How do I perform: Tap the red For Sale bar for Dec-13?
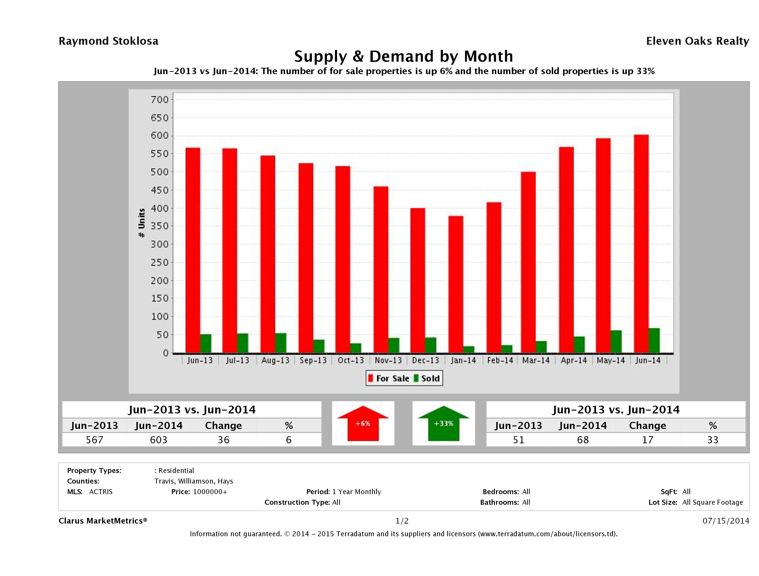[x=417, y=280]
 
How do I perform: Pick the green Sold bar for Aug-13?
[x=281, y=343]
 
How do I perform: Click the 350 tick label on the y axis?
[x=160, y=226]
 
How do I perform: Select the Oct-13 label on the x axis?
[x=351, y=360]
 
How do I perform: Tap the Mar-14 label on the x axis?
[x=536, y=360]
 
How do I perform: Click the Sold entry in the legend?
[x=427, y=378]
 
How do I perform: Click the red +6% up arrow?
[x=363, y=423]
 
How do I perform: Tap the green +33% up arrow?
[x=444, y=423]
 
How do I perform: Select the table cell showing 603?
[x=159, y=440]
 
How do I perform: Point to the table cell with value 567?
[x=94, y=440]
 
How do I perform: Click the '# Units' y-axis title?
[x=141, y=223]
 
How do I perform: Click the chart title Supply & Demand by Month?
[x=404, y=56]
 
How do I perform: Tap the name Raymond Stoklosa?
[x=108, y=41]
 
